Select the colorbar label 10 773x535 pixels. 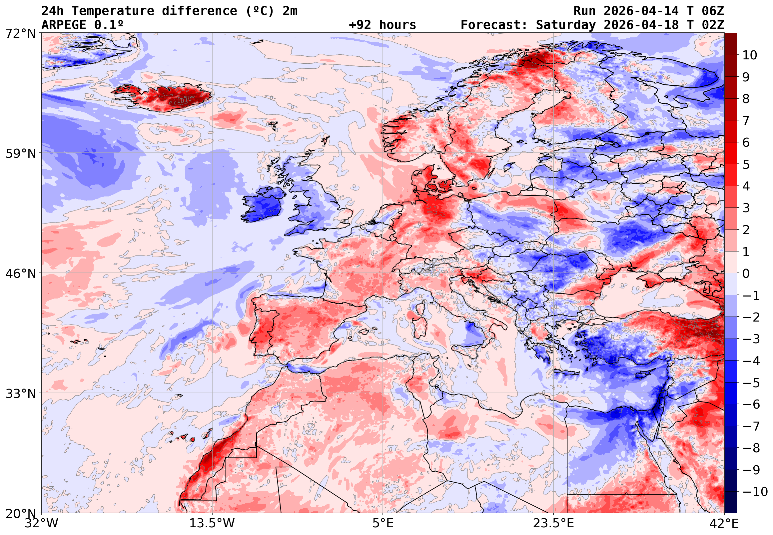pos(750,55)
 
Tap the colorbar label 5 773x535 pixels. pos(746,164)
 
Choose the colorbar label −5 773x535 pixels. pos(751,383)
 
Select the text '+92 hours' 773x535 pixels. pos(382,25)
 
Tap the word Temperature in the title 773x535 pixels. pos(113,11)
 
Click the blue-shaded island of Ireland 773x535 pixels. pos(263,205)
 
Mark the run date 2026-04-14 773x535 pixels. pos(641,11)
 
